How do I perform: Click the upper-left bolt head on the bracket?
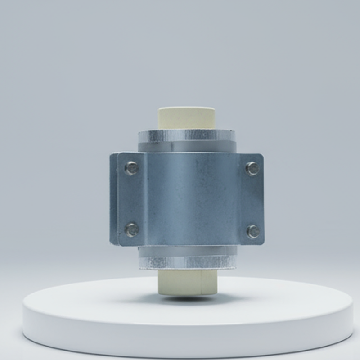[131, 168]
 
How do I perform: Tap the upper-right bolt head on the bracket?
[252, 169]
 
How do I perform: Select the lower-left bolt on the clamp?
[132, 229]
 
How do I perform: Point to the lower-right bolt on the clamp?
[253, 231]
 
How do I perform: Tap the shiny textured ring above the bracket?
[187, 135]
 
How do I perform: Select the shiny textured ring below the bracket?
[187, 263]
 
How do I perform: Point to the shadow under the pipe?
[189, 298]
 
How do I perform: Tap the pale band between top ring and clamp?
[187, 145]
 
